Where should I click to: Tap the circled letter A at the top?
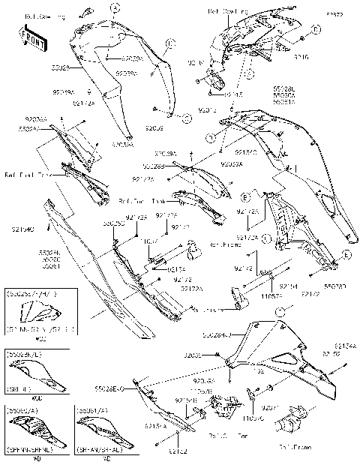[x=115, y=7]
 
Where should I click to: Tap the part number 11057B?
[x=200, y=392]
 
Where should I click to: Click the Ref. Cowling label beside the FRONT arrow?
[x=44, y=16]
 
